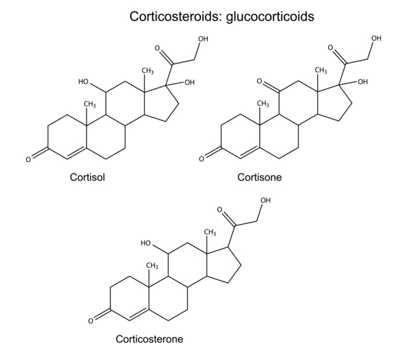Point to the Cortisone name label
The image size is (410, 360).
tap(260, 178)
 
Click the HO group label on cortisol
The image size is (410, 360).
tap(84, 81)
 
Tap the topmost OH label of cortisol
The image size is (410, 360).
tap(203, 38)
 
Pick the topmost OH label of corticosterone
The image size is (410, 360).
tap(265, 200)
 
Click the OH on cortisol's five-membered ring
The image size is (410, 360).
tap(189, 82)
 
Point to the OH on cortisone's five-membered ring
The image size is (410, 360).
tap(362, 82)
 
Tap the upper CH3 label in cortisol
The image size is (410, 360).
tap(147, 70)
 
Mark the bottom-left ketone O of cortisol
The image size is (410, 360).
tap(29, 160)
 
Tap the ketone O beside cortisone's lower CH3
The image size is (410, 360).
tap(260, 81)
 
